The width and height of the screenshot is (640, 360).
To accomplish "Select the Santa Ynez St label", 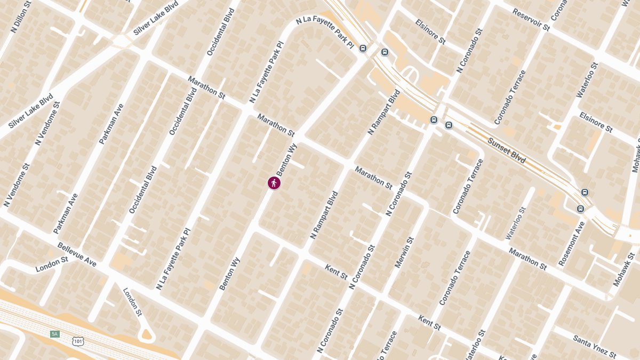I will click(594, 347).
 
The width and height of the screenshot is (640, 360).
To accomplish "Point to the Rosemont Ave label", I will click(572, 243).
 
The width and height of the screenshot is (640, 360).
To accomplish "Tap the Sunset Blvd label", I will click(506, 150).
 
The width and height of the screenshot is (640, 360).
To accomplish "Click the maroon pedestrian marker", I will click(274, 183).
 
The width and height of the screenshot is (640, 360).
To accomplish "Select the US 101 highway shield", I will click(78, 340).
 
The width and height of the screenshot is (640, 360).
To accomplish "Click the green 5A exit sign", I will click(54, 334).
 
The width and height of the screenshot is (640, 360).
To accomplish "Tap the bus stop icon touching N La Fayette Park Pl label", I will click(363, 49).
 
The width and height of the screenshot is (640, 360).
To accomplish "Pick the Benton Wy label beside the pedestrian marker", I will click(286, 160).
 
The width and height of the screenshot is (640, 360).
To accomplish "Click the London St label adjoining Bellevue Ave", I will click(52, 264).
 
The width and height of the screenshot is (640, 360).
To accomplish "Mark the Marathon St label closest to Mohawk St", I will click(527, 258).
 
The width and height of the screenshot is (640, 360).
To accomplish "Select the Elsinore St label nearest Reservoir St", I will click(430, 31).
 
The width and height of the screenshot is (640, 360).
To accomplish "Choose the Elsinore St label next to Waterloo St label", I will click(596, 122).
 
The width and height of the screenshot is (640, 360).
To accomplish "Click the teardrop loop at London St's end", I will click(146, 334).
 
